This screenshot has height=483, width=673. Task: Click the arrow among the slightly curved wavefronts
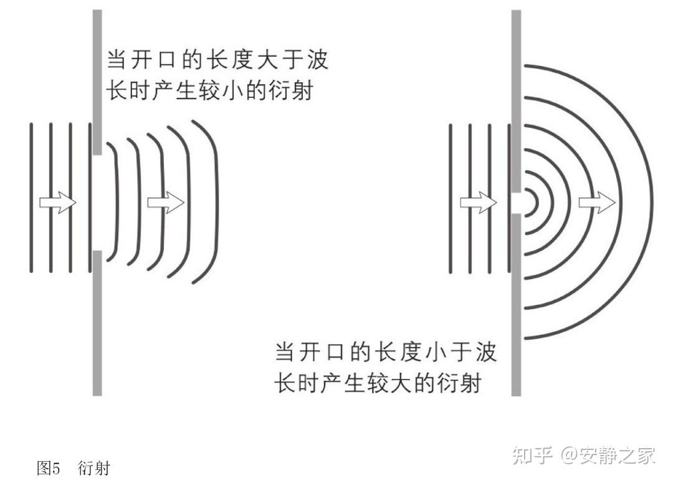(x=166, y=203)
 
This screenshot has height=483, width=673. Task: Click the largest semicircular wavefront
(x=652, y=203)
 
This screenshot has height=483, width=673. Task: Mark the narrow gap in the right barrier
(x=516, y=203)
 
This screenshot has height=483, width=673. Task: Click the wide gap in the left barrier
(x=97, y=203)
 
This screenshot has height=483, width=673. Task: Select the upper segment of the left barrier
(x=97, y=81)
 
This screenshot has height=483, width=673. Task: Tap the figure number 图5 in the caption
(x=47, y=468)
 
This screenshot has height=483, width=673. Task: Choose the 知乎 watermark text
(x=532, y=455)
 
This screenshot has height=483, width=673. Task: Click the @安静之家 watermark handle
(x=608, y=455)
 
